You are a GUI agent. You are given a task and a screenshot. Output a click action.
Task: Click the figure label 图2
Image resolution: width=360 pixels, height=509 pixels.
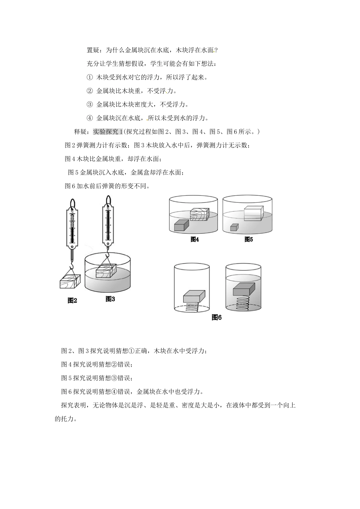pyautogui.click(x=72, y=300)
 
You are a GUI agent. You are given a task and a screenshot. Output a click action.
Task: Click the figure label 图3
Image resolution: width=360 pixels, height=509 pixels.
pyautogui.click(x=110, y=299)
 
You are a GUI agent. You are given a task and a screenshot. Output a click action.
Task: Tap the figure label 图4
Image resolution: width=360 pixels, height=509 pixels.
pyautogui.click(x=195, y=239)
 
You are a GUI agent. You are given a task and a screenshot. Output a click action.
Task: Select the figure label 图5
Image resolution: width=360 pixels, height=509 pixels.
pyautogui.click(x=249, y=239)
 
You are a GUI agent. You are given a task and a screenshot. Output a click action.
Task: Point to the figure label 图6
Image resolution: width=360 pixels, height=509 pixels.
pyautogui.click(x=217, y=317)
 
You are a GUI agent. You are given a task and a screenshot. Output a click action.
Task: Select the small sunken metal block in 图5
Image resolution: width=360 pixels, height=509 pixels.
pyautogui.click(x=235, y=227)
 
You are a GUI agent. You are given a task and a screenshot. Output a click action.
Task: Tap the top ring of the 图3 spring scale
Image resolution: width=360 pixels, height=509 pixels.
pyautogui.click(x=108, y=199)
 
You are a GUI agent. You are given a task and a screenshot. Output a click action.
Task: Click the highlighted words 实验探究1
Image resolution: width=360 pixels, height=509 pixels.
pyautogui.click(x=108, y=131)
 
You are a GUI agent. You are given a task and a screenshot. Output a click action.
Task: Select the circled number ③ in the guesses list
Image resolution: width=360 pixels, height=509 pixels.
pyautogui.click(x=90, y=104)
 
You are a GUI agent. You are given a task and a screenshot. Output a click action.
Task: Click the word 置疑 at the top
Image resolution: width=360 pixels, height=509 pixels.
pyautogui.click(x=93, y=50)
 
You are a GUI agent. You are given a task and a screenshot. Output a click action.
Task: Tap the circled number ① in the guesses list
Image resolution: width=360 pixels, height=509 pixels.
pyautogui.click(x=90, y=77)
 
